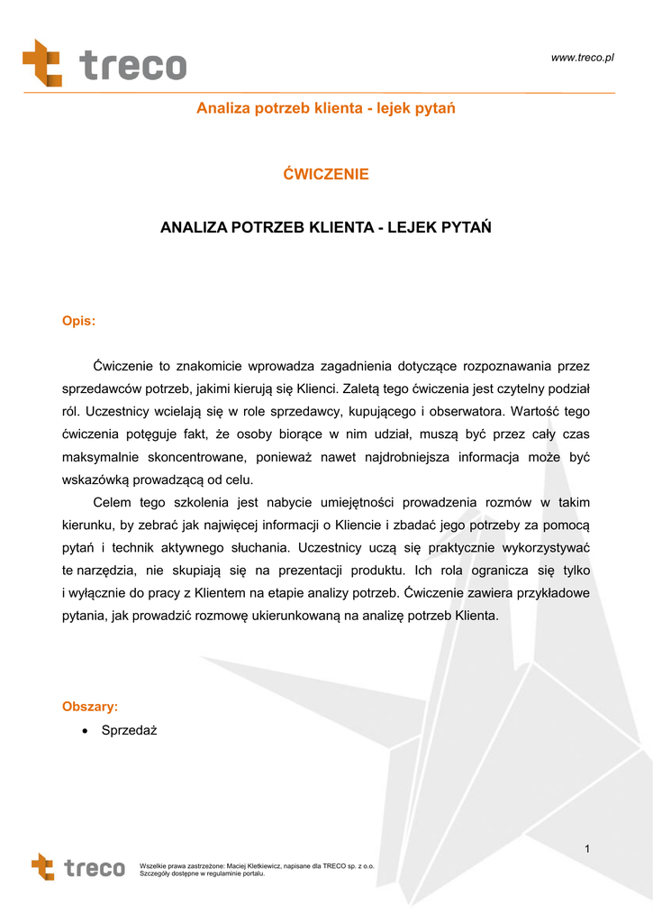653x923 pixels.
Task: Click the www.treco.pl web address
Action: coord(582,58)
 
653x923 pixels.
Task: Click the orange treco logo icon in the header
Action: coord(41,63)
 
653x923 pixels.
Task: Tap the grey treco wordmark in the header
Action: coord(132,66)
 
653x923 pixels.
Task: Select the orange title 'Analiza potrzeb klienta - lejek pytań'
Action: coord(326,109)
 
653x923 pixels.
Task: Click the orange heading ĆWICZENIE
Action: coord(326,174)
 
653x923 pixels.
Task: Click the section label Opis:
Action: coord(78,321)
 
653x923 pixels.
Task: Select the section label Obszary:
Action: coord(89,707)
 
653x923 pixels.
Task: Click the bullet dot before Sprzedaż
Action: coord(85,731)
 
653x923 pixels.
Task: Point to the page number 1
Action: coord(586,849)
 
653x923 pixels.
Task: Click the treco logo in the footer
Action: coord(78,868)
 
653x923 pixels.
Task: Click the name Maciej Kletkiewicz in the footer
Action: coord(251,866)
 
